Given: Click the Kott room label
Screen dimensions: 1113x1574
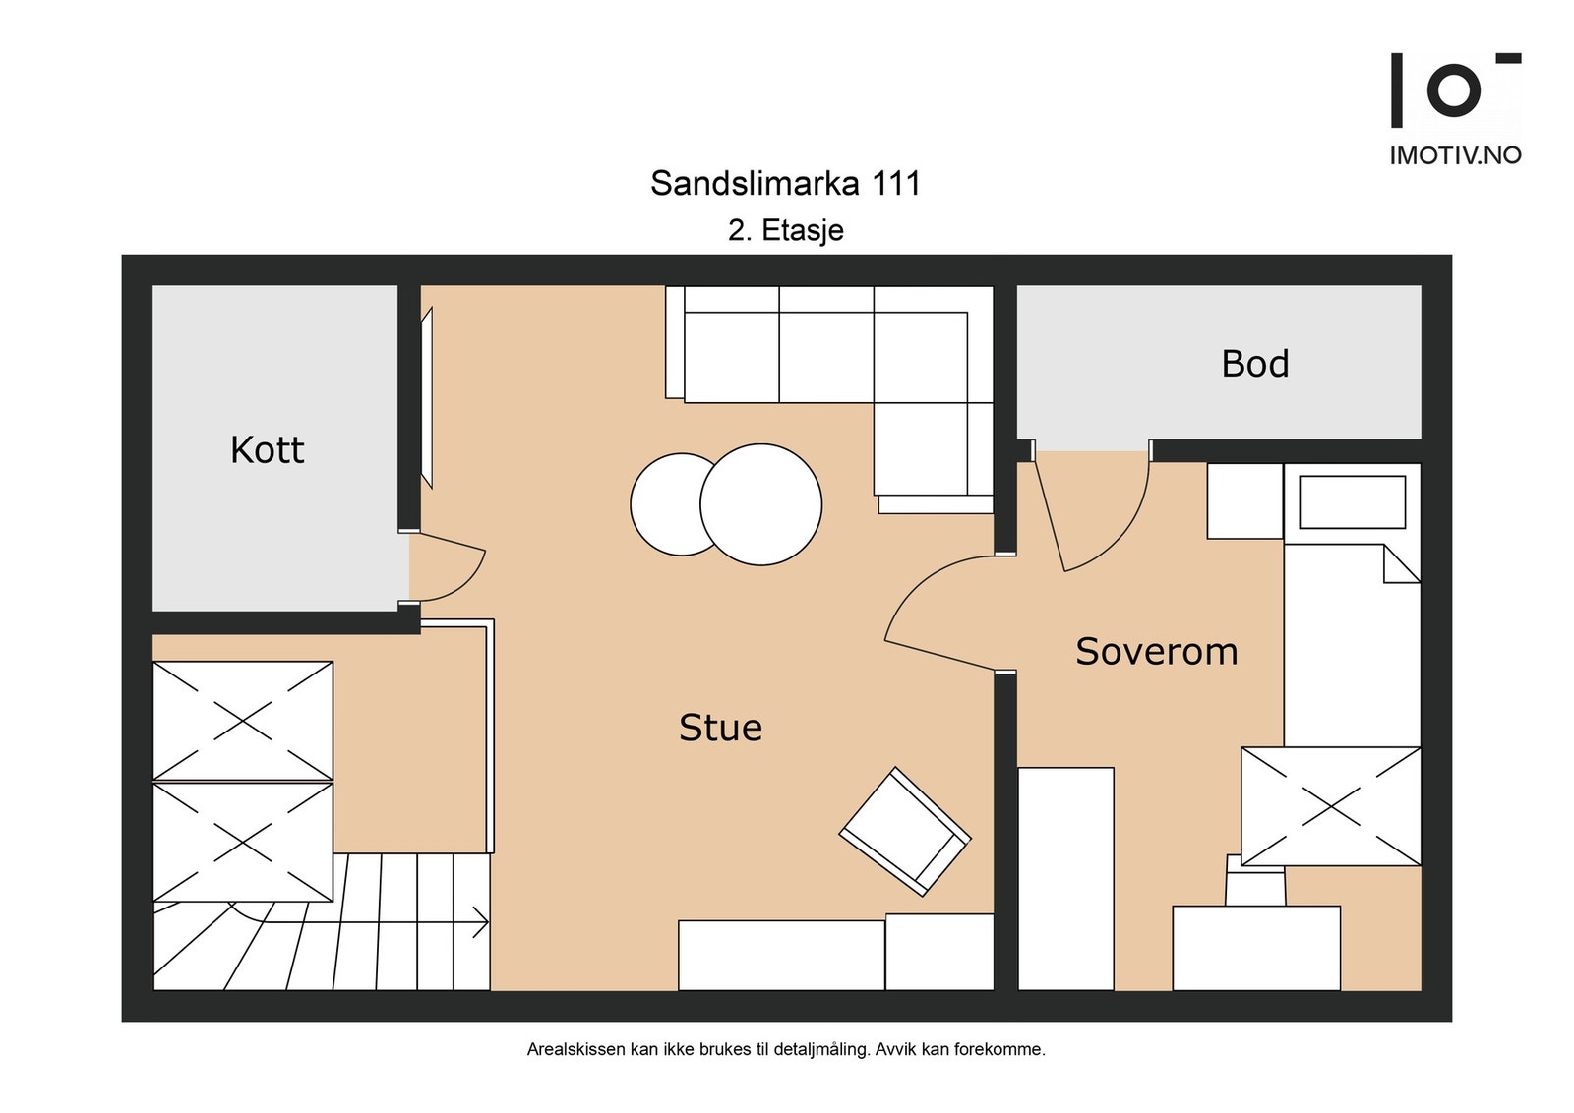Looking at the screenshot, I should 267,450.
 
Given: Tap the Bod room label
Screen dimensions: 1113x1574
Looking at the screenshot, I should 1254,364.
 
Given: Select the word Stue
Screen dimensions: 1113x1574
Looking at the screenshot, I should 720,728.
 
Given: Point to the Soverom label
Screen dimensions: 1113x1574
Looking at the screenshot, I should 1156,652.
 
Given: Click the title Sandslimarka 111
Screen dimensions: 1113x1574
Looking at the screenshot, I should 785,183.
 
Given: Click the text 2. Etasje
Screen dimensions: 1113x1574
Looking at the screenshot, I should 785,230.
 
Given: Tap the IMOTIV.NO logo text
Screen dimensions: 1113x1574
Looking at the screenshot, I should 1455,155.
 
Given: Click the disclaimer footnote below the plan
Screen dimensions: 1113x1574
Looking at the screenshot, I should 785,1049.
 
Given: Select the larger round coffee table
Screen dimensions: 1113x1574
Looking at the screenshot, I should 761,504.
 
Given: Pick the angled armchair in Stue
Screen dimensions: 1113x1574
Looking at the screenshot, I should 905,831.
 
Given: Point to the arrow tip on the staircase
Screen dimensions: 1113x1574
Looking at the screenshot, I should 486,923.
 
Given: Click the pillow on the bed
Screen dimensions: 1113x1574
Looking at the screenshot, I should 1352,502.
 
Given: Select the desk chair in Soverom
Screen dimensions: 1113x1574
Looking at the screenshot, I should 1255,881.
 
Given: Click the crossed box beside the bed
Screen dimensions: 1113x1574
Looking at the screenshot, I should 1330,806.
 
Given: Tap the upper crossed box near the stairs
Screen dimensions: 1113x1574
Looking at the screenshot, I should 243,721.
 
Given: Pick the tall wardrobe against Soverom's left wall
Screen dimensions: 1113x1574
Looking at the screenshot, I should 1065,878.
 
